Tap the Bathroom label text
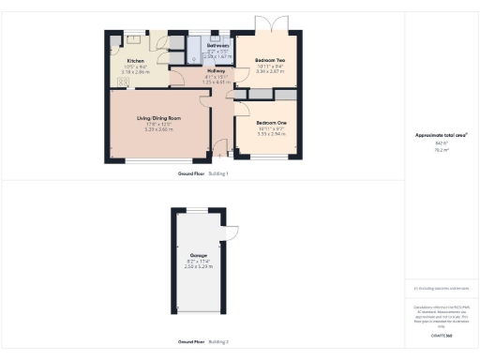217,44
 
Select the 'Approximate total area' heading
442,135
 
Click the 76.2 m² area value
441,148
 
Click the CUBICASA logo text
441,334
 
